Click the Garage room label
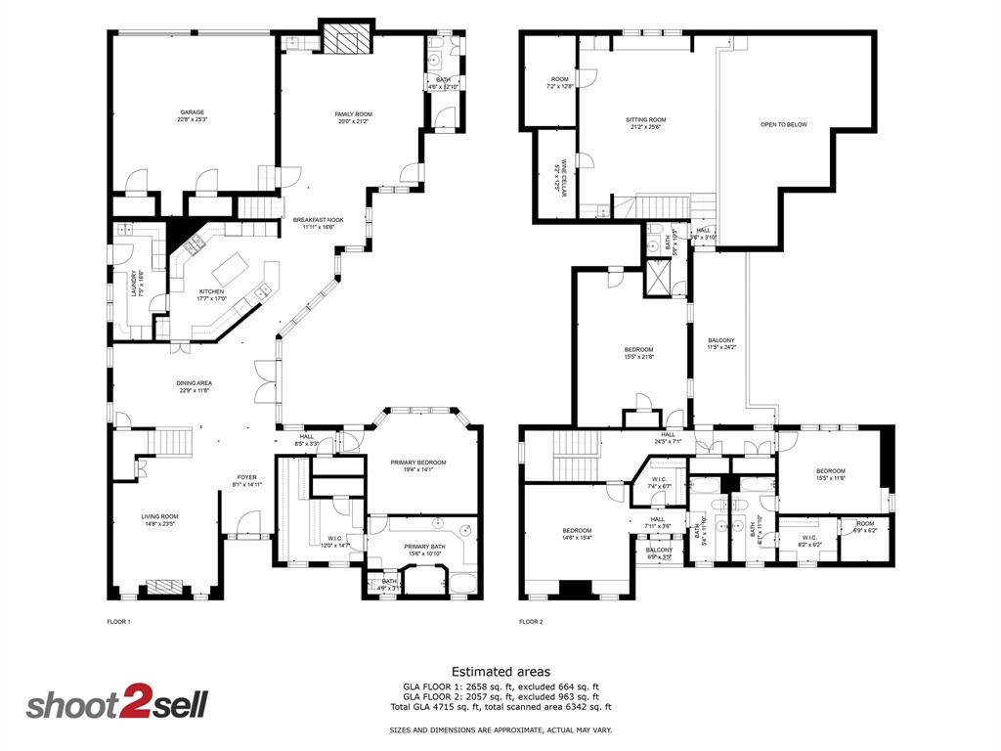(192, 115)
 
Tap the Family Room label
(353, 118)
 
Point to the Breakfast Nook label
(319, 224)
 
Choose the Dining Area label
(196, 386)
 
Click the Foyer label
(245, 480)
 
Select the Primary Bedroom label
(418, 465)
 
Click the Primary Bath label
(418, 550)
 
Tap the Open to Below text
(784, 124)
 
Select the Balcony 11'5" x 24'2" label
(721, 343)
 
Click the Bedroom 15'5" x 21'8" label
(638, 352)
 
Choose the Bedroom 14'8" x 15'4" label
(576, 533)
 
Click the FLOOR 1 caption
(118, 621)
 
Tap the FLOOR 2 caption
(531, 621)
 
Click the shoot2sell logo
(116, 704)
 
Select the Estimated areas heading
(500, 672)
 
